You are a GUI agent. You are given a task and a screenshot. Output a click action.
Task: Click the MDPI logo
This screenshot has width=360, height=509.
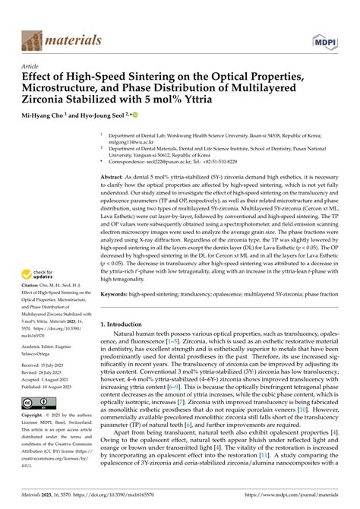[324, 40]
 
